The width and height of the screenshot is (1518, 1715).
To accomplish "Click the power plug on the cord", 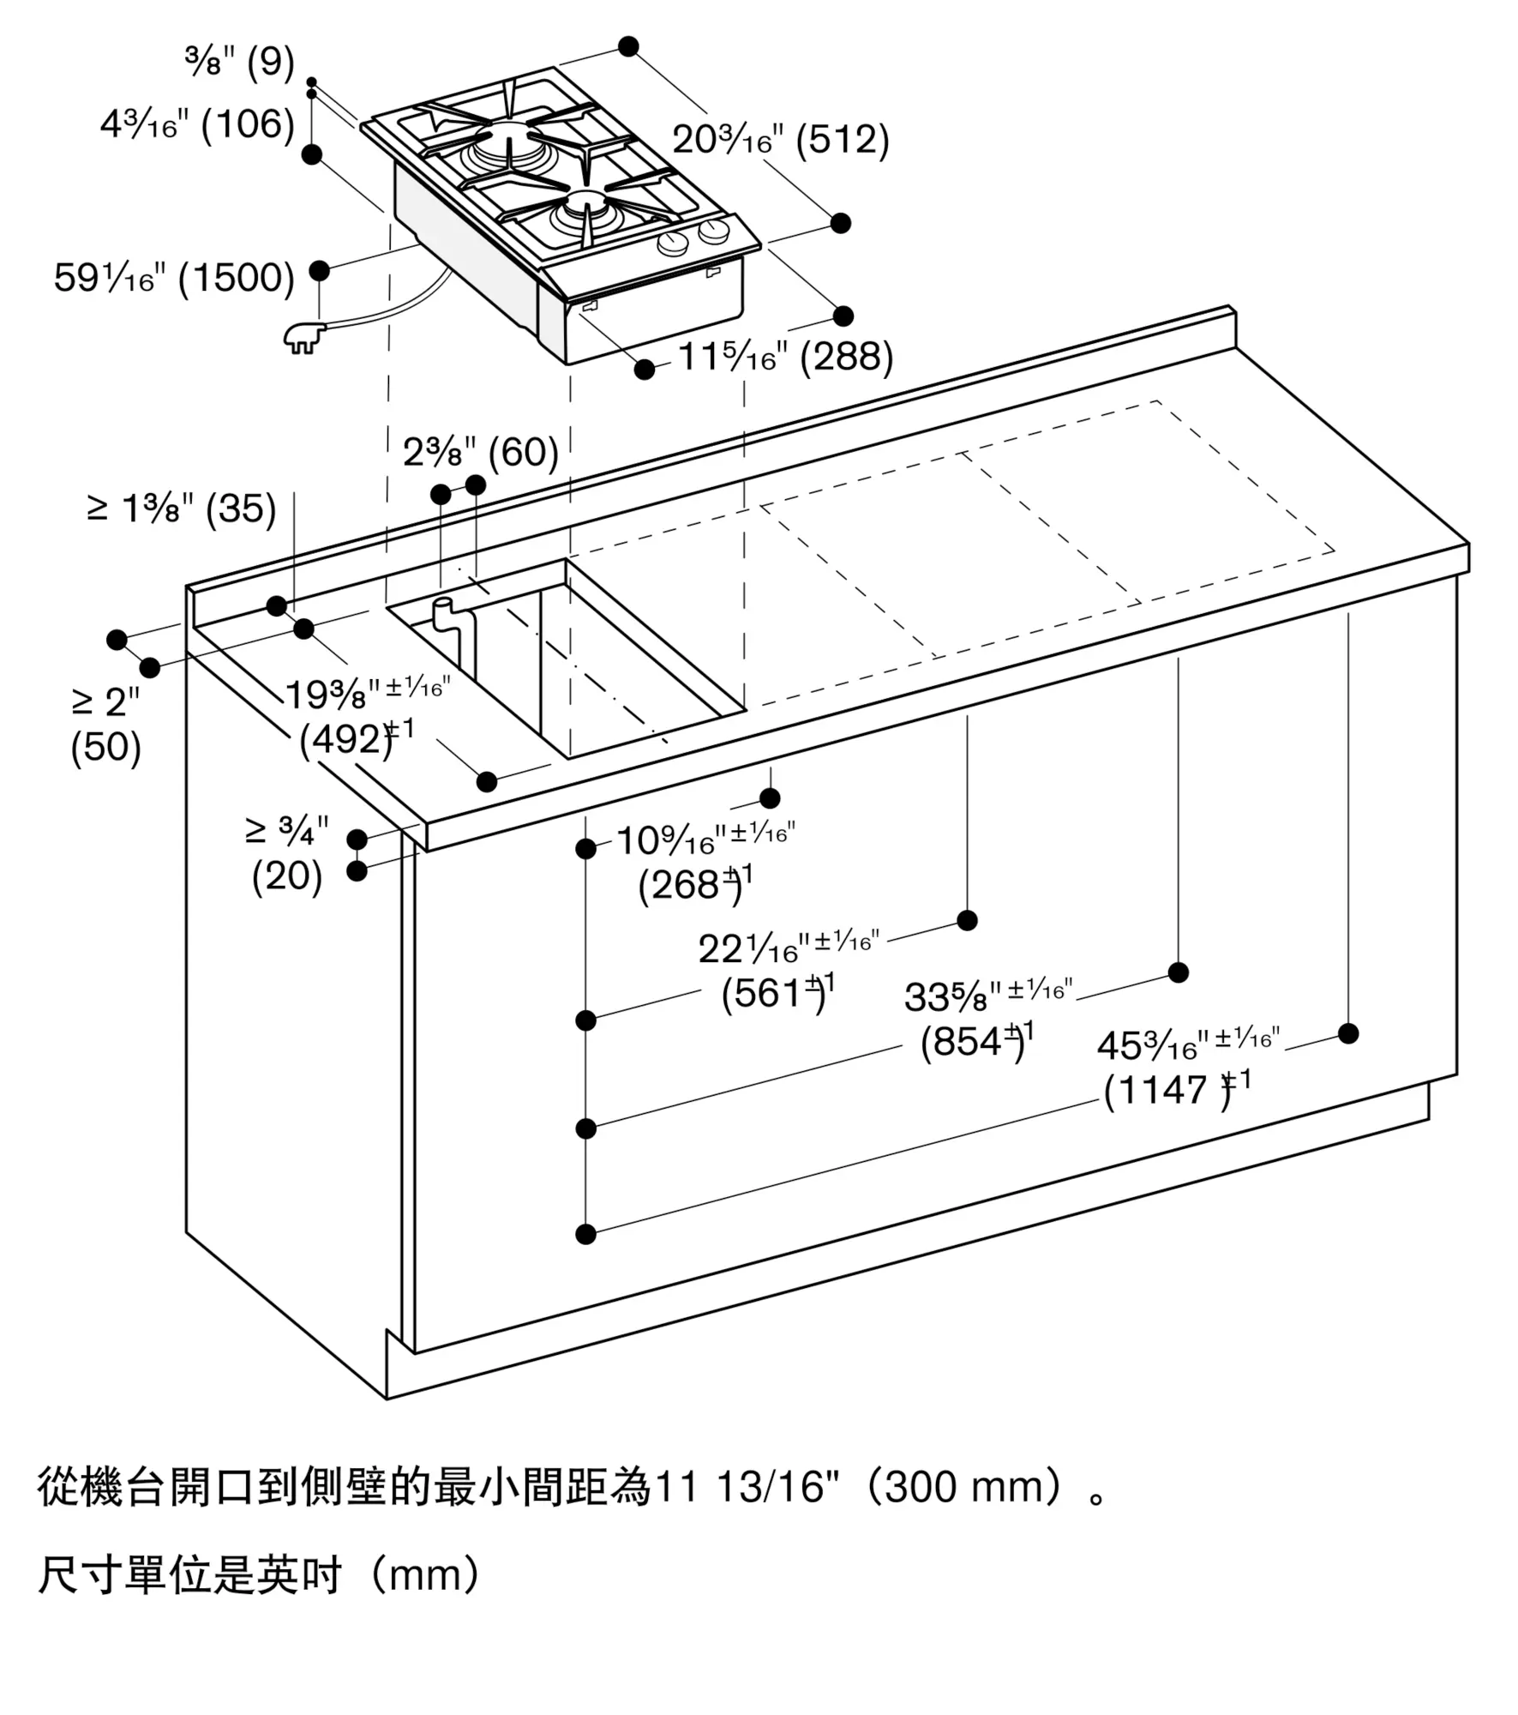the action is tap(303, 338).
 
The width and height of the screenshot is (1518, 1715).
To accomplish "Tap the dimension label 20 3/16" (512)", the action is tap(780, 140).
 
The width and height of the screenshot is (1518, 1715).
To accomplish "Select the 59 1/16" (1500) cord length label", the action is tap(174, 278).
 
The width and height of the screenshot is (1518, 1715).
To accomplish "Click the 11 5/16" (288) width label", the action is tap(785, 357).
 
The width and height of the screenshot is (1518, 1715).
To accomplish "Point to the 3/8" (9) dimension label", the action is tap(240, 63).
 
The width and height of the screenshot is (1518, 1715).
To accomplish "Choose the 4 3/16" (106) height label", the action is tap(198, 125).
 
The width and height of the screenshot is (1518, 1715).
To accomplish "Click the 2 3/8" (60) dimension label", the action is tap(481, 453).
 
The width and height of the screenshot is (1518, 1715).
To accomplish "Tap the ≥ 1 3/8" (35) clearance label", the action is tap(182, 509).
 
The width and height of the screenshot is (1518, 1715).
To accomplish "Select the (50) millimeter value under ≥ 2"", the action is tap(105, 748).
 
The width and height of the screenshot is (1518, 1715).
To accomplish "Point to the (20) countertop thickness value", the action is tap(287, 876).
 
